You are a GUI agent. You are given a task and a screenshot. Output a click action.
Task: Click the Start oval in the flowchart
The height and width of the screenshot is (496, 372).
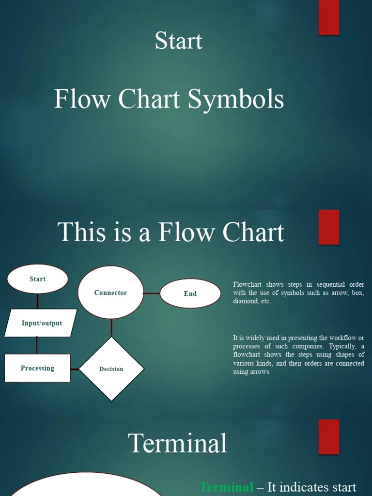pyautogui.click(x=37, y=279)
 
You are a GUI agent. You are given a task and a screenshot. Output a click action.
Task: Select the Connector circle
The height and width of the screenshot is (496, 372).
pyautogui.click(x=110, y=293)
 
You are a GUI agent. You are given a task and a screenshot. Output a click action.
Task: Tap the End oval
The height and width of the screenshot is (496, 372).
pyautogui.click(x=190, y=294)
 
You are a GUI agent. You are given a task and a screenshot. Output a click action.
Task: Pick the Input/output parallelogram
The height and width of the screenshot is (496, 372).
pyautogui.click(x=41, y=323)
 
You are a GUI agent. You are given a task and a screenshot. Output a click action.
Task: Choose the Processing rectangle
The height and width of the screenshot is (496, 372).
pyautogui.click(x=37, y=368)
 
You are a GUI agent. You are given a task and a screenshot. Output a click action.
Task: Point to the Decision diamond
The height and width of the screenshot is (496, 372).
pyautogui.click(x=111, y=369)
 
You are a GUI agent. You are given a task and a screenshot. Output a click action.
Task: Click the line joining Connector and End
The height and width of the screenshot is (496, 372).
pyautogui.click(x=152, y=293)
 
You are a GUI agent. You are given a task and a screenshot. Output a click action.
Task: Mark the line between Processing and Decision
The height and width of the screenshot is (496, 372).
pyautogui.click(x=75, y=369)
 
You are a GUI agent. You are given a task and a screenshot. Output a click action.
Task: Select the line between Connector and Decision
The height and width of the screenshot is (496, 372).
pyautogui.click(x=111, y=328)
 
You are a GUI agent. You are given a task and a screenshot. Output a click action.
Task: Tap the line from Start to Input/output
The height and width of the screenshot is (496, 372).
pyautogui.click(x=37, y=301)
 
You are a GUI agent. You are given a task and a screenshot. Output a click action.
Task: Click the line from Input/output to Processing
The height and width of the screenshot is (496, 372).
pyautogui.click(x=37, y=345)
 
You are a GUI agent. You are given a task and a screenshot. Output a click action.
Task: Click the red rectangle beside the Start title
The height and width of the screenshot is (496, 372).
pyautogui.click(x=329, y=17)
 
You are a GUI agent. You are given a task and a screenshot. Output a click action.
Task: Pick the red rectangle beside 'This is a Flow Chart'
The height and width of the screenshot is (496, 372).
pyautogui.click(x=329, y=227)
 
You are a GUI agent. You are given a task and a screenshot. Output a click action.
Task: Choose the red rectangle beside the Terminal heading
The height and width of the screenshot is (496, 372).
pyautogui.click(x=329, y=437)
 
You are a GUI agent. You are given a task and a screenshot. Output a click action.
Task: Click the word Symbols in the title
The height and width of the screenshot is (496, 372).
pyautogui.click(x=235, y=99)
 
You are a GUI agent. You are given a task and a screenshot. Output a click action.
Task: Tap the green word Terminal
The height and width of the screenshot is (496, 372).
pyautogui.click(x=227, y=487)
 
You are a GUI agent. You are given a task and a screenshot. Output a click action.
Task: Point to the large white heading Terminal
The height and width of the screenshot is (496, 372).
pyautogui.click(x=177, y=443)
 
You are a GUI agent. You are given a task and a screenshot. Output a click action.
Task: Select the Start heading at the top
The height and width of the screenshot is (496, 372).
pyautogui.click(x=178, y=41)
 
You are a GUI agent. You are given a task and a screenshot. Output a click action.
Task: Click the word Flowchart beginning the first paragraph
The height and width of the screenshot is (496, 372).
pyautogui.click(x=247, y=284)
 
